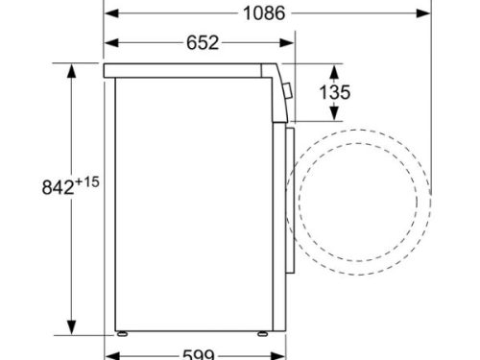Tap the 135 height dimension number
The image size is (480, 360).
(x=333, y=92)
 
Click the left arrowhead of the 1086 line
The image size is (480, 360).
(x=110, y=14)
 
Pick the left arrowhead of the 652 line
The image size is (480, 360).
(x=110, y=42)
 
